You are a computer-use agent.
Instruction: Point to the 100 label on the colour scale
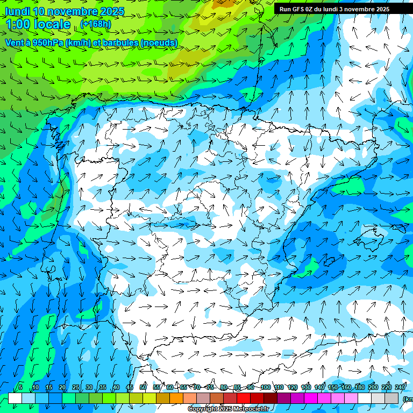tap(265, 387)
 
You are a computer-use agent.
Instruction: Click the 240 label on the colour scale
tap(400, 387)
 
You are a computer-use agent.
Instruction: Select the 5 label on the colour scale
tap(20, 387)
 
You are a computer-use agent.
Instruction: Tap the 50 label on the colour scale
tap(143, 387)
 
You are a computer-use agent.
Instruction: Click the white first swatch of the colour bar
tap(15, 398)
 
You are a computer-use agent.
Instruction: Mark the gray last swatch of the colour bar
tap(391, 398)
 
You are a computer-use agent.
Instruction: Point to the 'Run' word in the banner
tap(285, 9)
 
